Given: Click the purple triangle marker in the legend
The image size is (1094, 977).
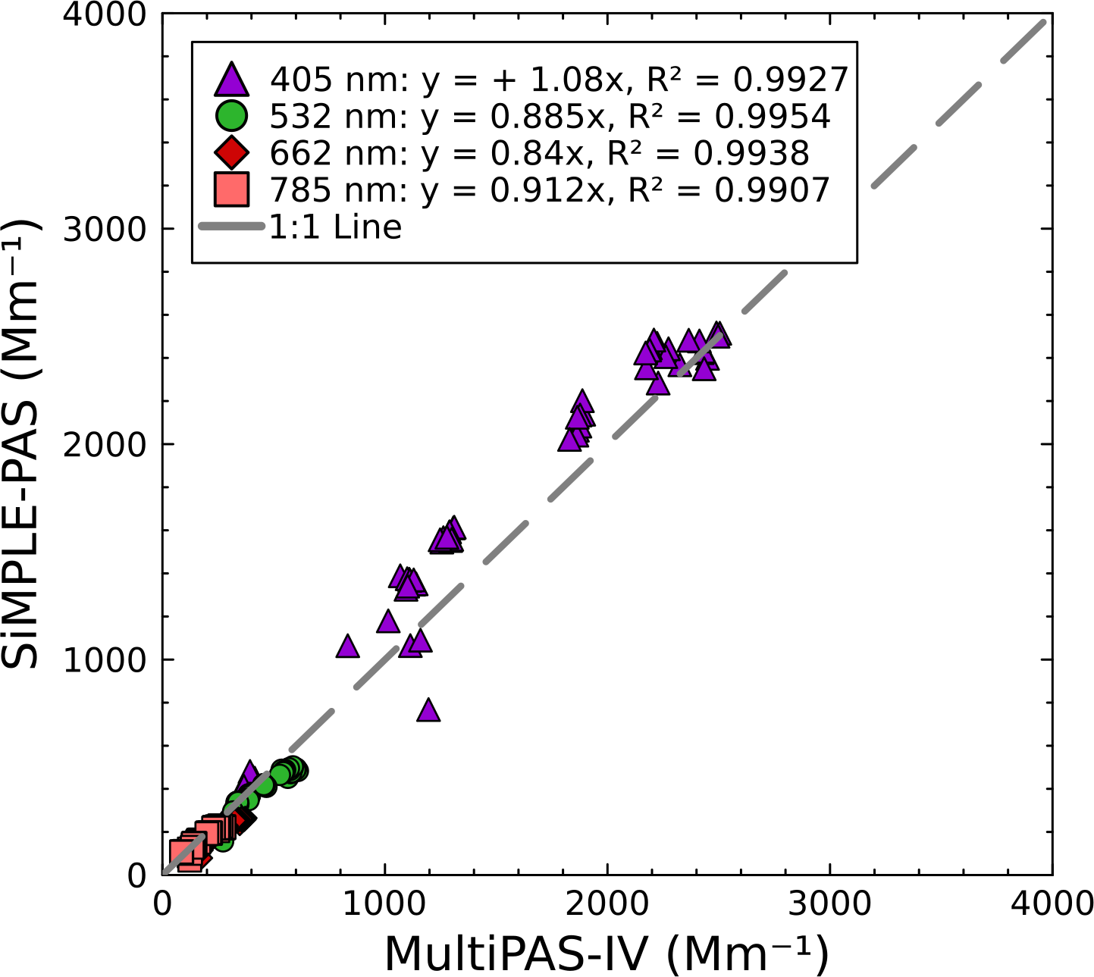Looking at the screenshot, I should coord(231,78).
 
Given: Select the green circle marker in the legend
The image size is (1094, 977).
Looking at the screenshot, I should coord(231,116).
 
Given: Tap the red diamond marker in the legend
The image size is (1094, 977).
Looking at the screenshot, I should coord(231,153).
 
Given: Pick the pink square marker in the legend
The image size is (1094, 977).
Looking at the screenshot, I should coord(231,189).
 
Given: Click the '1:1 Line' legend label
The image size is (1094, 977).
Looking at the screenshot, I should coord(335,227).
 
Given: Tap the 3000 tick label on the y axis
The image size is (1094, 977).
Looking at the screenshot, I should coord(104,229).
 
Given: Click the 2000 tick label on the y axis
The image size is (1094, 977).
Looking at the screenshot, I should coord(104,444).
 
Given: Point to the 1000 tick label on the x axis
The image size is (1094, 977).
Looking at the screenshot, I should coord(385,903).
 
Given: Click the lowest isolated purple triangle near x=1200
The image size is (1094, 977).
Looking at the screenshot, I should coord(428,710).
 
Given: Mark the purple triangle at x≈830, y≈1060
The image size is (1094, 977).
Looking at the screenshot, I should coord(347,647).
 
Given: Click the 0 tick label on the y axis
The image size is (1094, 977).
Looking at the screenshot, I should coord(136,875).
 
